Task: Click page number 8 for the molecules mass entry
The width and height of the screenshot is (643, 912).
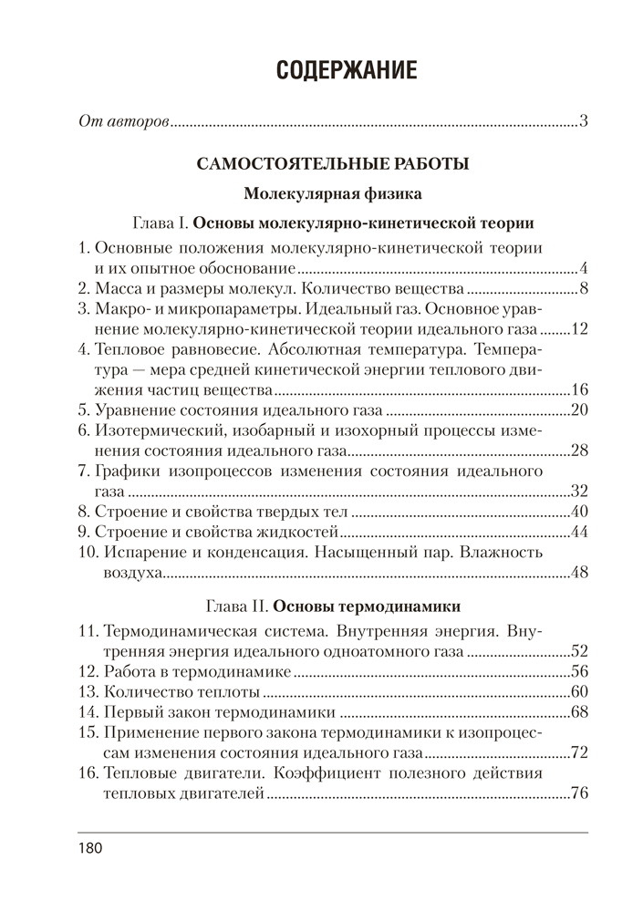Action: point(582,290)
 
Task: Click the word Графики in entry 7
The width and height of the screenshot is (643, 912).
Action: point(125,471)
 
